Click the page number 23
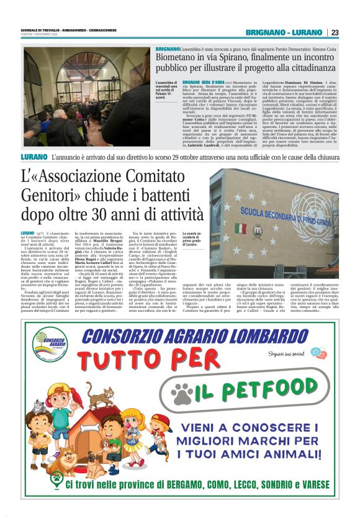(335, 32)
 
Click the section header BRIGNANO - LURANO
(284, 32)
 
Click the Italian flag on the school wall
(240, 227)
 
